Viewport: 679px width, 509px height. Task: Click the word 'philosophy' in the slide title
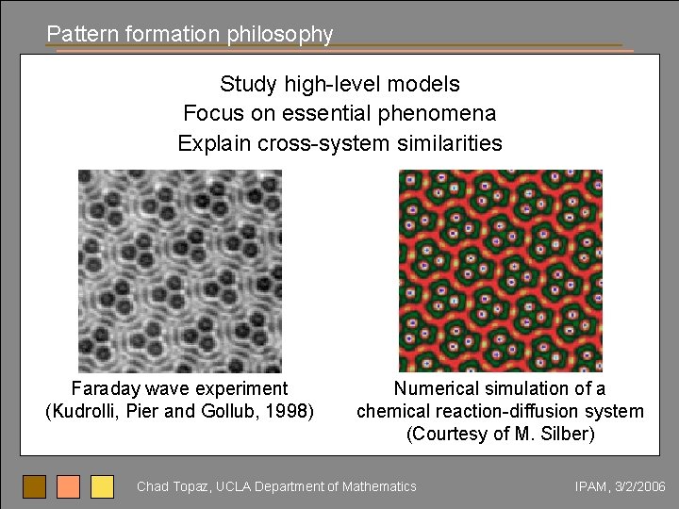(x=280, y=35)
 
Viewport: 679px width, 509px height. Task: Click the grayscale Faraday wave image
(x=180, y=271)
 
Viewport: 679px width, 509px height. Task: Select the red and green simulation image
(x=500, y=271)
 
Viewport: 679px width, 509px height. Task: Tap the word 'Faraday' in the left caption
(x=105, y=388)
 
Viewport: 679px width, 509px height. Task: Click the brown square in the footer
(x=35, y=486)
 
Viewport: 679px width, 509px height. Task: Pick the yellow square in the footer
(x=102, y=486)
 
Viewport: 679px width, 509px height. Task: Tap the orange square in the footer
(x=69, y=486)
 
